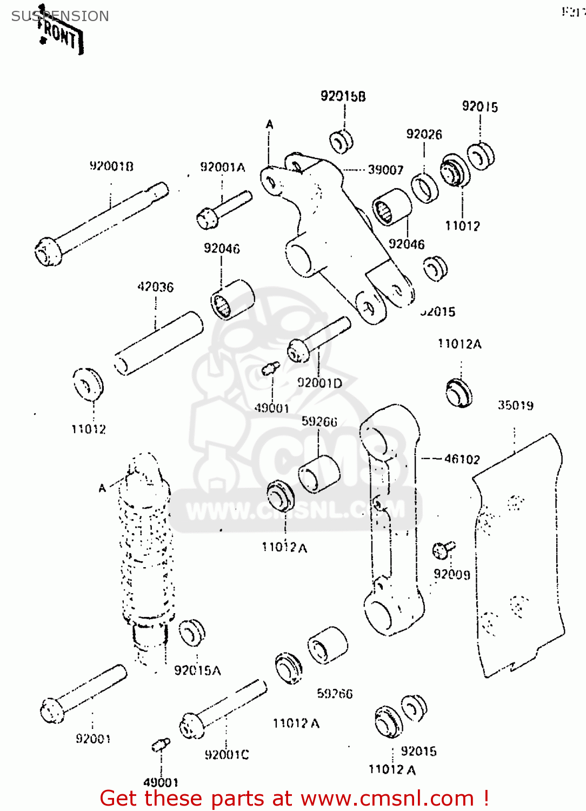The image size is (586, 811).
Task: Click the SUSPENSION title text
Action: tap(60, 16)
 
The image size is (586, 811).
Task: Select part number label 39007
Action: tap(385, 170)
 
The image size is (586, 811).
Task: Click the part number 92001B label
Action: tap(111, 166)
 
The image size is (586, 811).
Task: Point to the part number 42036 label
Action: tap(156, 287)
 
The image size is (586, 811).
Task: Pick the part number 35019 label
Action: tap(515, 405)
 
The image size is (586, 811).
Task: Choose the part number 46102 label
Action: tap(462, 459)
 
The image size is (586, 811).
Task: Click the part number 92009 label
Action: tap(452, 574)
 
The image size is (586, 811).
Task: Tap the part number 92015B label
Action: tap(343, 96)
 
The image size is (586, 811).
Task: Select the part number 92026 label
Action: tap(424, 134)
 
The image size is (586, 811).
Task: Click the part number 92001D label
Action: tap(319, 383)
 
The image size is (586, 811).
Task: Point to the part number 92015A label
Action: tap(197, 670)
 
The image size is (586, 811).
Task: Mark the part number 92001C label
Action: tap(227, 754)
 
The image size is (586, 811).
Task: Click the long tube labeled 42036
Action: tap(158, 343)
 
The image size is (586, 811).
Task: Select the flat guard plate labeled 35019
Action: tap(519, 557)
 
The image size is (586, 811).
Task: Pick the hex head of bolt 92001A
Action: tap(207, 218)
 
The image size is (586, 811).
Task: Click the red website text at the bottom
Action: tap(295, 798)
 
